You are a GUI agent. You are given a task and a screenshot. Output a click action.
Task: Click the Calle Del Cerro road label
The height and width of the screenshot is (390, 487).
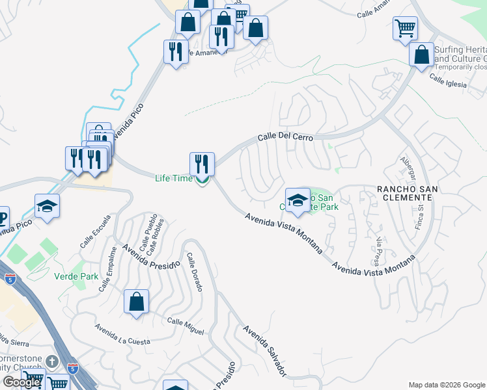[x=285, y=138]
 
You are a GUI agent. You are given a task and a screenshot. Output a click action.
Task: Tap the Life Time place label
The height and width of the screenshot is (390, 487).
[x=173, y=178]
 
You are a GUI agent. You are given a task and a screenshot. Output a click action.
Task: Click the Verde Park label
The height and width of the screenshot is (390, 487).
[x=76, y=276]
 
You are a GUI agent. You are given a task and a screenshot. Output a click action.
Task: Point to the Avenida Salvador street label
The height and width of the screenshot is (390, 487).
[x=264, y=350]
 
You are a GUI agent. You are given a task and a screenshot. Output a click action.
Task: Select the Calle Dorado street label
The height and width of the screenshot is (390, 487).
[x=194, y=272]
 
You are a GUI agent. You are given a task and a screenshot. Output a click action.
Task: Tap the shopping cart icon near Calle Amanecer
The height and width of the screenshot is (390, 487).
[x=405, y=29]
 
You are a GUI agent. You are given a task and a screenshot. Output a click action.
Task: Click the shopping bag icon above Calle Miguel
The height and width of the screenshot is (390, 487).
[x=136, y=302]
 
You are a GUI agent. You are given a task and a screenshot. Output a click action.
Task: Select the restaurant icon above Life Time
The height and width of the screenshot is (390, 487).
[x=202, y=163]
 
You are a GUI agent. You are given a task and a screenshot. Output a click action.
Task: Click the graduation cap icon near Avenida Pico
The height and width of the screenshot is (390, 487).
[x=48, y=206]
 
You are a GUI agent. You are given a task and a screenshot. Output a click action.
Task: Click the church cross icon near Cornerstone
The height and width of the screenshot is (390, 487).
[x=53, y=361]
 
